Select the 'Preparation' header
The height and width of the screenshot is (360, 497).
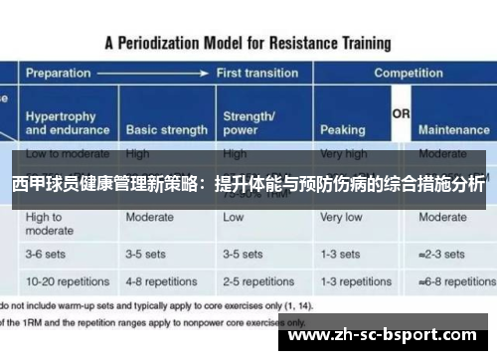click(x=59, y=74)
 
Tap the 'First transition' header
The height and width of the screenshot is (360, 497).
click(x=255, y=74)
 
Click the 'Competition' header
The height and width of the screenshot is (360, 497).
click(x=408, y=74)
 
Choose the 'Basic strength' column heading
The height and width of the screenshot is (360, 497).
click(x=166, y=130)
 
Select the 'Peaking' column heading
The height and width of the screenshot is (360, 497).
click(x=342, y=130)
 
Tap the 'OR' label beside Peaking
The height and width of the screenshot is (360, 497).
click(x=401, y=115)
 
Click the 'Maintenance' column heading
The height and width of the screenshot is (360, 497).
click(x=453, y=130)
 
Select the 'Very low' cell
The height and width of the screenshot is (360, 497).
click(x=341, y=217)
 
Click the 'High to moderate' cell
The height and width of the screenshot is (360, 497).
click(x=50, y=224)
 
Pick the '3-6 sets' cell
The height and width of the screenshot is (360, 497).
click(x=47, y=254)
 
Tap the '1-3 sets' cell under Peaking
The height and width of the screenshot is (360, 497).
click(x=340, y=254)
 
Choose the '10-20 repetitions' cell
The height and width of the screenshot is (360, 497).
click(x=68, y=280)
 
